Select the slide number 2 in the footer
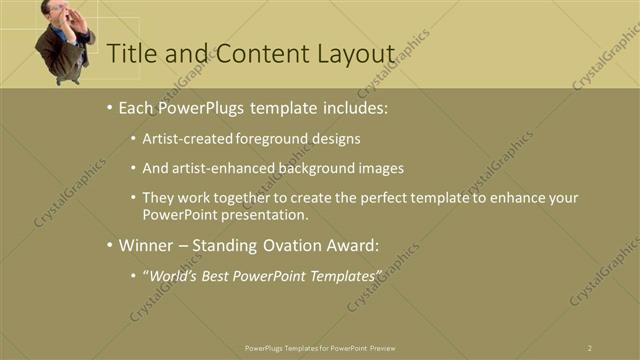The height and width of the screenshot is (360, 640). (589, 347)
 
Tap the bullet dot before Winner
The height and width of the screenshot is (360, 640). (109, 244)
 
